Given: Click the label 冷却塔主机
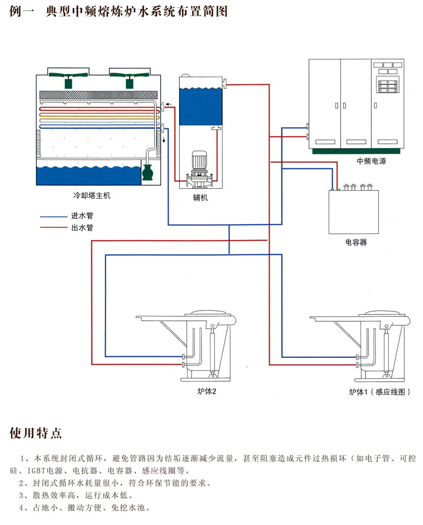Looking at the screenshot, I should coord(92,196).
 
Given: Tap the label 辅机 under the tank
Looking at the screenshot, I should coord(199,197).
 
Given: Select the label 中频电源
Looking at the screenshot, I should coord(371,161).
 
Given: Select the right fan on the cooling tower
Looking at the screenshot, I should coord(129,78).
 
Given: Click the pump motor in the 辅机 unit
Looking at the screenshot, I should coord(199,160).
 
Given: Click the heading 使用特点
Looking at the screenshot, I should coord(36,432).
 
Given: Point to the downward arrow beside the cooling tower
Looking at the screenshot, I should coord(164,140).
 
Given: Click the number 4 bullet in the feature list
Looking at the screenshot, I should coord(22,507).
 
